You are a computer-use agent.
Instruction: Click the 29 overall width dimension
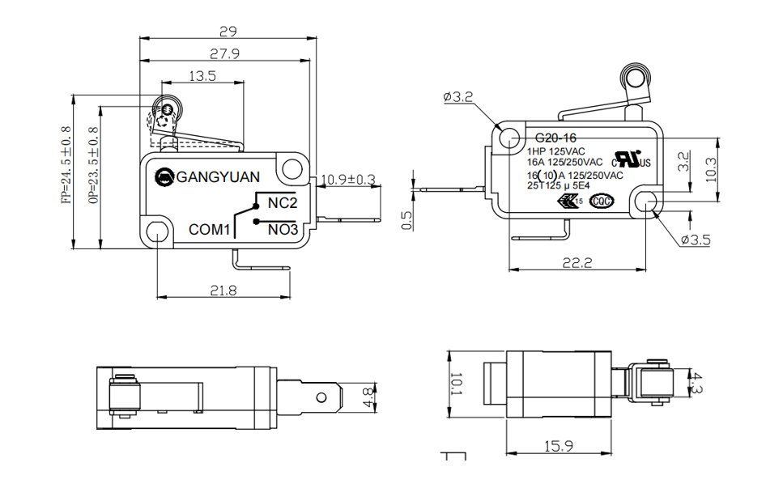pos(228,32)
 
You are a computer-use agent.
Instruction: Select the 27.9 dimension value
pos(224,54)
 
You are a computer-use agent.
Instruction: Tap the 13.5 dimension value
pos(202,76)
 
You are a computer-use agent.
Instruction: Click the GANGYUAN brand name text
pos(218,176)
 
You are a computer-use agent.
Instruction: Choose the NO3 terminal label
pos(283,230)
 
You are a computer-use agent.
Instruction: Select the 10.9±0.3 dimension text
pos(348,179)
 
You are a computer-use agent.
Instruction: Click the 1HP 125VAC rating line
pos(556,151)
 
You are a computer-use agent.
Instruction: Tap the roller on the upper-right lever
pos(635,79)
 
